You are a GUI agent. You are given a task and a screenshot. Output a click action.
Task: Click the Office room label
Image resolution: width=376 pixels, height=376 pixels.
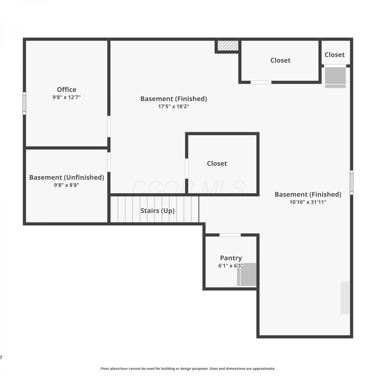66,89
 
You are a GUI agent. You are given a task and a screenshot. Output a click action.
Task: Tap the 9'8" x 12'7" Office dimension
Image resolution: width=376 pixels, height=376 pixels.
66,97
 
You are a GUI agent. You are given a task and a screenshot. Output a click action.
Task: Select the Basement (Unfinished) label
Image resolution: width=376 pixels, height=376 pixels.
67,177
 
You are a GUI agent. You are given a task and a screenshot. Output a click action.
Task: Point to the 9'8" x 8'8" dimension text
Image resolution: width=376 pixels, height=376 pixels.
67,185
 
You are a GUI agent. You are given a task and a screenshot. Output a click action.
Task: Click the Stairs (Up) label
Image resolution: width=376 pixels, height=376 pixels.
157,211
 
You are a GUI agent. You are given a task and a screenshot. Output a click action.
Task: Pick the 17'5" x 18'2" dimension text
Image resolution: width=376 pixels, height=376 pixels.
173,106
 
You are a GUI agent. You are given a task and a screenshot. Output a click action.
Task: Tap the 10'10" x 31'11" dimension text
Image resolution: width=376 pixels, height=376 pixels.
308,202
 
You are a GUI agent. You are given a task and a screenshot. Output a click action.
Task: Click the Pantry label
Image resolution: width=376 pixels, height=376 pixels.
231,258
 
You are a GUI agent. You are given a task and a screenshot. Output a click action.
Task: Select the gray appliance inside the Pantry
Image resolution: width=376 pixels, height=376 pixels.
247,274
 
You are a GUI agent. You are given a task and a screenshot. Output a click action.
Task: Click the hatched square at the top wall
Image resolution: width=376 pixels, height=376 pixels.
228,45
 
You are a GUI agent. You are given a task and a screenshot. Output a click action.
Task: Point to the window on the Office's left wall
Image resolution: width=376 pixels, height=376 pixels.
24,103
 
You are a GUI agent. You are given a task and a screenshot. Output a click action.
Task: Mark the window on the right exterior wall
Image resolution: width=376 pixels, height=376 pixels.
351,182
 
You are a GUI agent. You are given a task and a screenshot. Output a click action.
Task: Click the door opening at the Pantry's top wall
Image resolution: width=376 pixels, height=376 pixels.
230,235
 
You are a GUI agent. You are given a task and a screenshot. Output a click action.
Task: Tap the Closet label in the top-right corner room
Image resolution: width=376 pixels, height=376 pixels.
335,55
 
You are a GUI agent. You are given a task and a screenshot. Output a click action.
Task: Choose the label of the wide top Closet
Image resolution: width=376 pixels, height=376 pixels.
280,60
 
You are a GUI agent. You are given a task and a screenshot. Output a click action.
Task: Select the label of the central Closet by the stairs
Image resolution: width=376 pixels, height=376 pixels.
217,164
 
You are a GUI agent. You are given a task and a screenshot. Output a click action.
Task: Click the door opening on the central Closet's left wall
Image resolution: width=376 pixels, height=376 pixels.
186,168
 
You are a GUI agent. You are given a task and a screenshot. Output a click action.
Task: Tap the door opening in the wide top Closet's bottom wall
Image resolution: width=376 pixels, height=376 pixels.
261,82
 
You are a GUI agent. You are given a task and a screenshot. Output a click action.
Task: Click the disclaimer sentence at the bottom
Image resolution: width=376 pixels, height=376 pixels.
188,368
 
